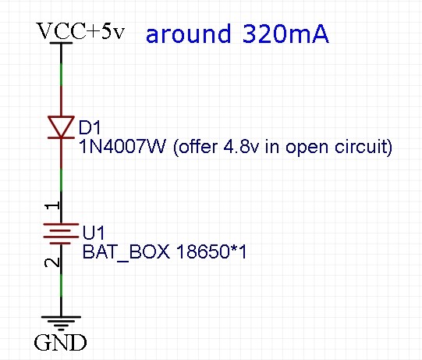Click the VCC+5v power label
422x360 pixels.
80,31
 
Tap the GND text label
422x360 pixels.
60,343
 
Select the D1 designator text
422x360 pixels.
90,127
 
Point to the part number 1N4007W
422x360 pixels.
122,147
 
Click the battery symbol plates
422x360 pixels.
61,234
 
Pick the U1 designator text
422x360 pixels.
93,233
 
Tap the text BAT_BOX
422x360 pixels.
126,252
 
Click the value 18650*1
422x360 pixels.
211,251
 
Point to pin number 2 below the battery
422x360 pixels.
52,262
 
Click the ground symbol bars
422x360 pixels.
61,323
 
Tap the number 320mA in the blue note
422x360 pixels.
285,34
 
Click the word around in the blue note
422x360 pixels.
189,34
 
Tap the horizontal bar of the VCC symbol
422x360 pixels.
61,43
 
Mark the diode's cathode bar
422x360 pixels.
61,137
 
